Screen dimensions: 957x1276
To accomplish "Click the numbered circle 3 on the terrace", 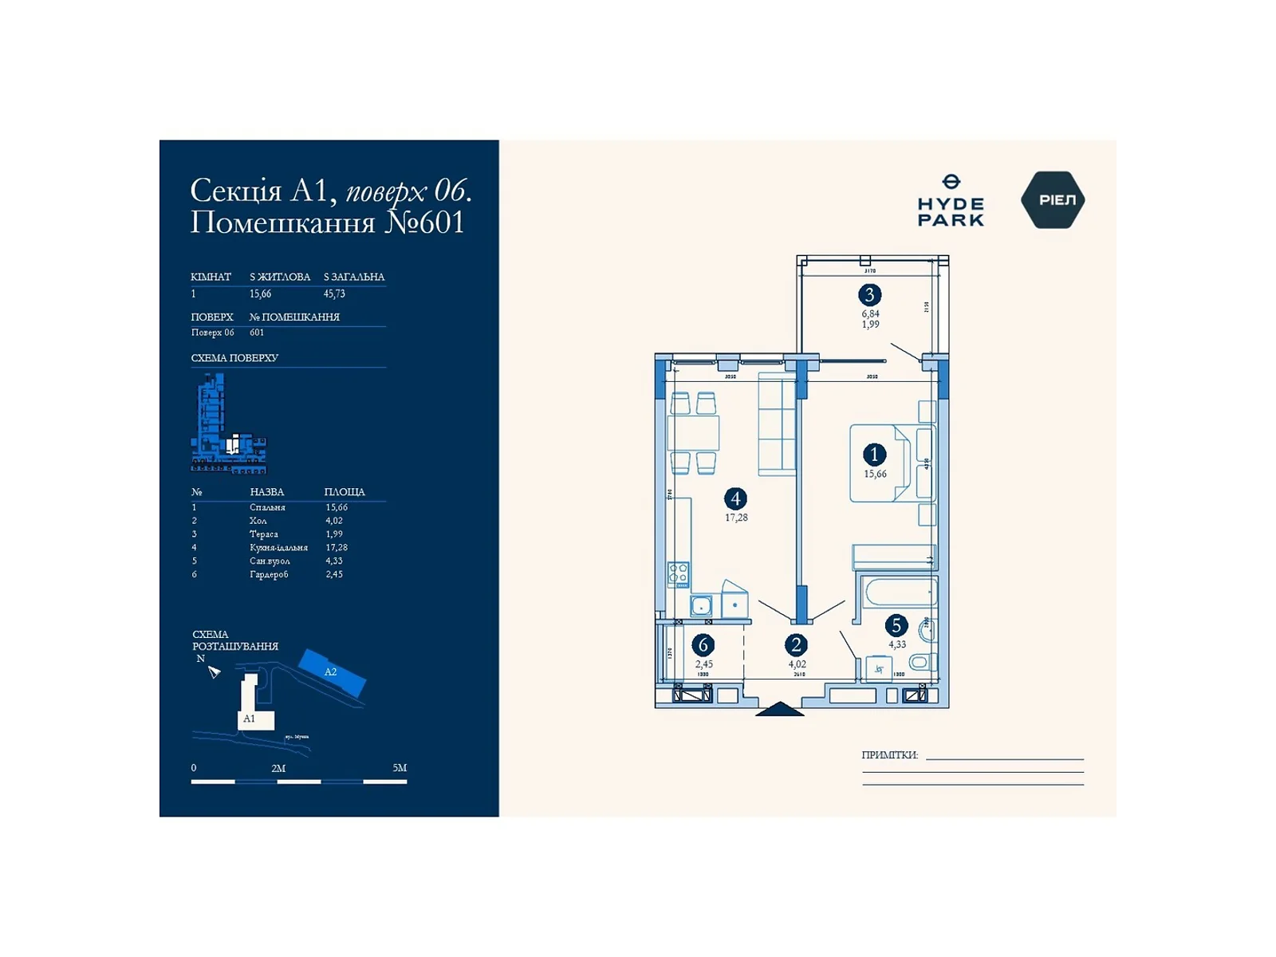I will click(869, 295).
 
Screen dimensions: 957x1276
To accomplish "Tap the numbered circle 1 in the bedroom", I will click(874, 455).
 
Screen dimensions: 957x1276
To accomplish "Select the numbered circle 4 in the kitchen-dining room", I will click(735, 499).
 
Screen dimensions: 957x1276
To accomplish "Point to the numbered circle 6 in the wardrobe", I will click(703, 644).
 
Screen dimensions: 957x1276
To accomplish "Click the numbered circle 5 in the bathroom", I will click(896, 626).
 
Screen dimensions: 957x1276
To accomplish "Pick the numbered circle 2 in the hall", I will click(796, 644).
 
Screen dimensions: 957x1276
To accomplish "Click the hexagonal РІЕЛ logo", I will click(1053, 200).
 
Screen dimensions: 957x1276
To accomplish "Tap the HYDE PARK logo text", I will click(951, 211).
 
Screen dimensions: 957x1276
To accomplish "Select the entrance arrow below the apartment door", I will click(779, 709).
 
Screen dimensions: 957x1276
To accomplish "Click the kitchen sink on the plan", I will click(701, 606).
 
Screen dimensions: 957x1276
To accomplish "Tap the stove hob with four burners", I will click(679, 574).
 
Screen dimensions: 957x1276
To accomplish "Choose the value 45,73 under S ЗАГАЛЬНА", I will click(334, 293).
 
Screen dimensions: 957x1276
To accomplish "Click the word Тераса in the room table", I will click(264, 534).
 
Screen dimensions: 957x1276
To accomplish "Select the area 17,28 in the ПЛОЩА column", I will click(337, 548).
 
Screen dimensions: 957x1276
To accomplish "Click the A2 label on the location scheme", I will click(330, 672).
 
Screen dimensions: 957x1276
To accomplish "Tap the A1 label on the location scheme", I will click(249, 719).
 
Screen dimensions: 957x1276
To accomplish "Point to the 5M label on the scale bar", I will click(400, 768).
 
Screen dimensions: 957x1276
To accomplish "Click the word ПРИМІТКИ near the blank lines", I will click(889, 754).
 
